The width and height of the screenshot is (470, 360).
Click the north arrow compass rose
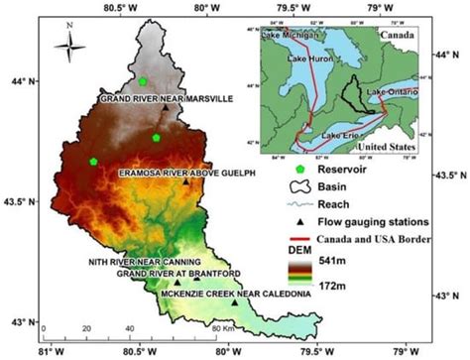[x=66, y=44]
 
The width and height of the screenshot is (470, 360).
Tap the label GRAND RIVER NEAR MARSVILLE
[x=166, y=99]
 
